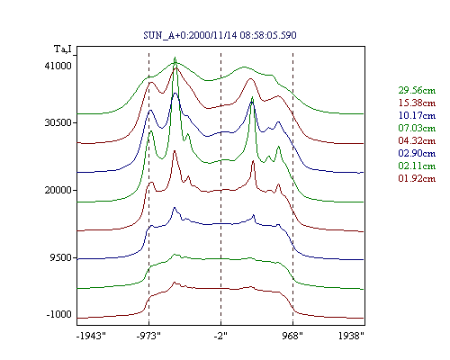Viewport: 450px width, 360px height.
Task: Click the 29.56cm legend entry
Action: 417,90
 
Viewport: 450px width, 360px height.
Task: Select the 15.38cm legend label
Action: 417,103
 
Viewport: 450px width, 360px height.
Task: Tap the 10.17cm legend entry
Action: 417,115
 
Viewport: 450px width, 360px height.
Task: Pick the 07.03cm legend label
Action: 417,128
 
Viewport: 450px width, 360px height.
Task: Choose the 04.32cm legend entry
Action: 417,140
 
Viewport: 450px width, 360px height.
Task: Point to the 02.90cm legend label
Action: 417,153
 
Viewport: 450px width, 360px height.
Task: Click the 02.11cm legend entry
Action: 417,166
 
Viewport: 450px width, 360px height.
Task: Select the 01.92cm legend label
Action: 417,178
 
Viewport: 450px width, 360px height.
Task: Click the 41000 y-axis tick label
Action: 58,66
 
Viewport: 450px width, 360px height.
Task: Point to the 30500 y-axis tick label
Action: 58,122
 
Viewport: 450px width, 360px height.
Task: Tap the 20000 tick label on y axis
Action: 58,190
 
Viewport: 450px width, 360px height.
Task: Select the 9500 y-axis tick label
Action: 61,257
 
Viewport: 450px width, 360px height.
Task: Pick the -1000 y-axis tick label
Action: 59,314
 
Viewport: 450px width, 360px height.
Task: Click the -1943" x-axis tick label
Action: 92,336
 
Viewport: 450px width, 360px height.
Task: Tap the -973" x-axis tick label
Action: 148,336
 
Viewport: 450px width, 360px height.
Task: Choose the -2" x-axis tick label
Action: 220,336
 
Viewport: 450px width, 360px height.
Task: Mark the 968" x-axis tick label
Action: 292,336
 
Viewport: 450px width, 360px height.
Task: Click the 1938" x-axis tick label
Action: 351,336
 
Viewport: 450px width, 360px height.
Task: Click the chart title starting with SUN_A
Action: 220,35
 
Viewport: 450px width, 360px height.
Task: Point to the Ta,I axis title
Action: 63,49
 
